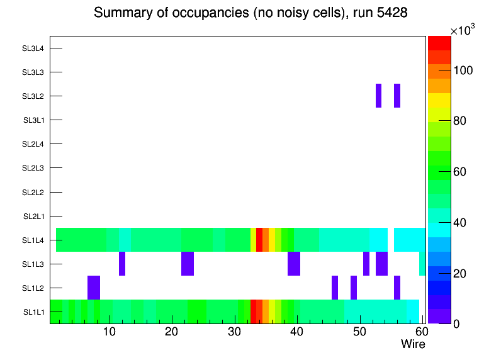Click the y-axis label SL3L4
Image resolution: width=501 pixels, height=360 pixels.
[x=33, y=48]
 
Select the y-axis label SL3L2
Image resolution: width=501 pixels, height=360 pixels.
[x=33, y=96]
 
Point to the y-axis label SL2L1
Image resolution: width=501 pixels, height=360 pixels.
[x=34, y=216]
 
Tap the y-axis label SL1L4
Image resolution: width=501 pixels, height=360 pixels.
[x=34, y=240]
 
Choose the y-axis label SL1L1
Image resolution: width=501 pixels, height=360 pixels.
[x=34, y=312]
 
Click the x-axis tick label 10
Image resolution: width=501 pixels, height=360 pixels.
[x=110, y=332]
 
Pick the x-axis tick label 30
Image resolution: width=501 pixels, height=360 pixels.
[x=234, y=332]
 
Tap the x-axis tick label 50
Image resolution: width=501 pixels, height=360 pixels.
[x=359, y=332]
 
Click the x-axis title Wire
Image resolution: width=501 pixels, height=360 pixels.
[x=413, y=344]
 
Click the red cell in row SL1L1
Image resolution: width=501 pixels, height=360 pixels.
[x=254, y=312]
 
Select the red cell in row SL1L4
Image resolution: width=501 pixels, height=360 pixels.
[x=259, y=239]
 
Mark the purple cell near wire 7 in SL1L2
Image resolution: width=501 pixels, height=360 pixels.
[x=93, y=288]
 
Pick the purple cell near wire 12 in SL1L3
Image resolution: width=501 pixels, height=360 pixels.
[x=122, y=263]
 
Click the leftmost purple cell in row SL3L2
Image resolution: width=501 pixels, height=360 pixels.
[x=378, y=96]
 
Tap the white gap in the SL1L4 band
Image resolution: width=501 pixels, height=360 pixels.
[x=390, y=239]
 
